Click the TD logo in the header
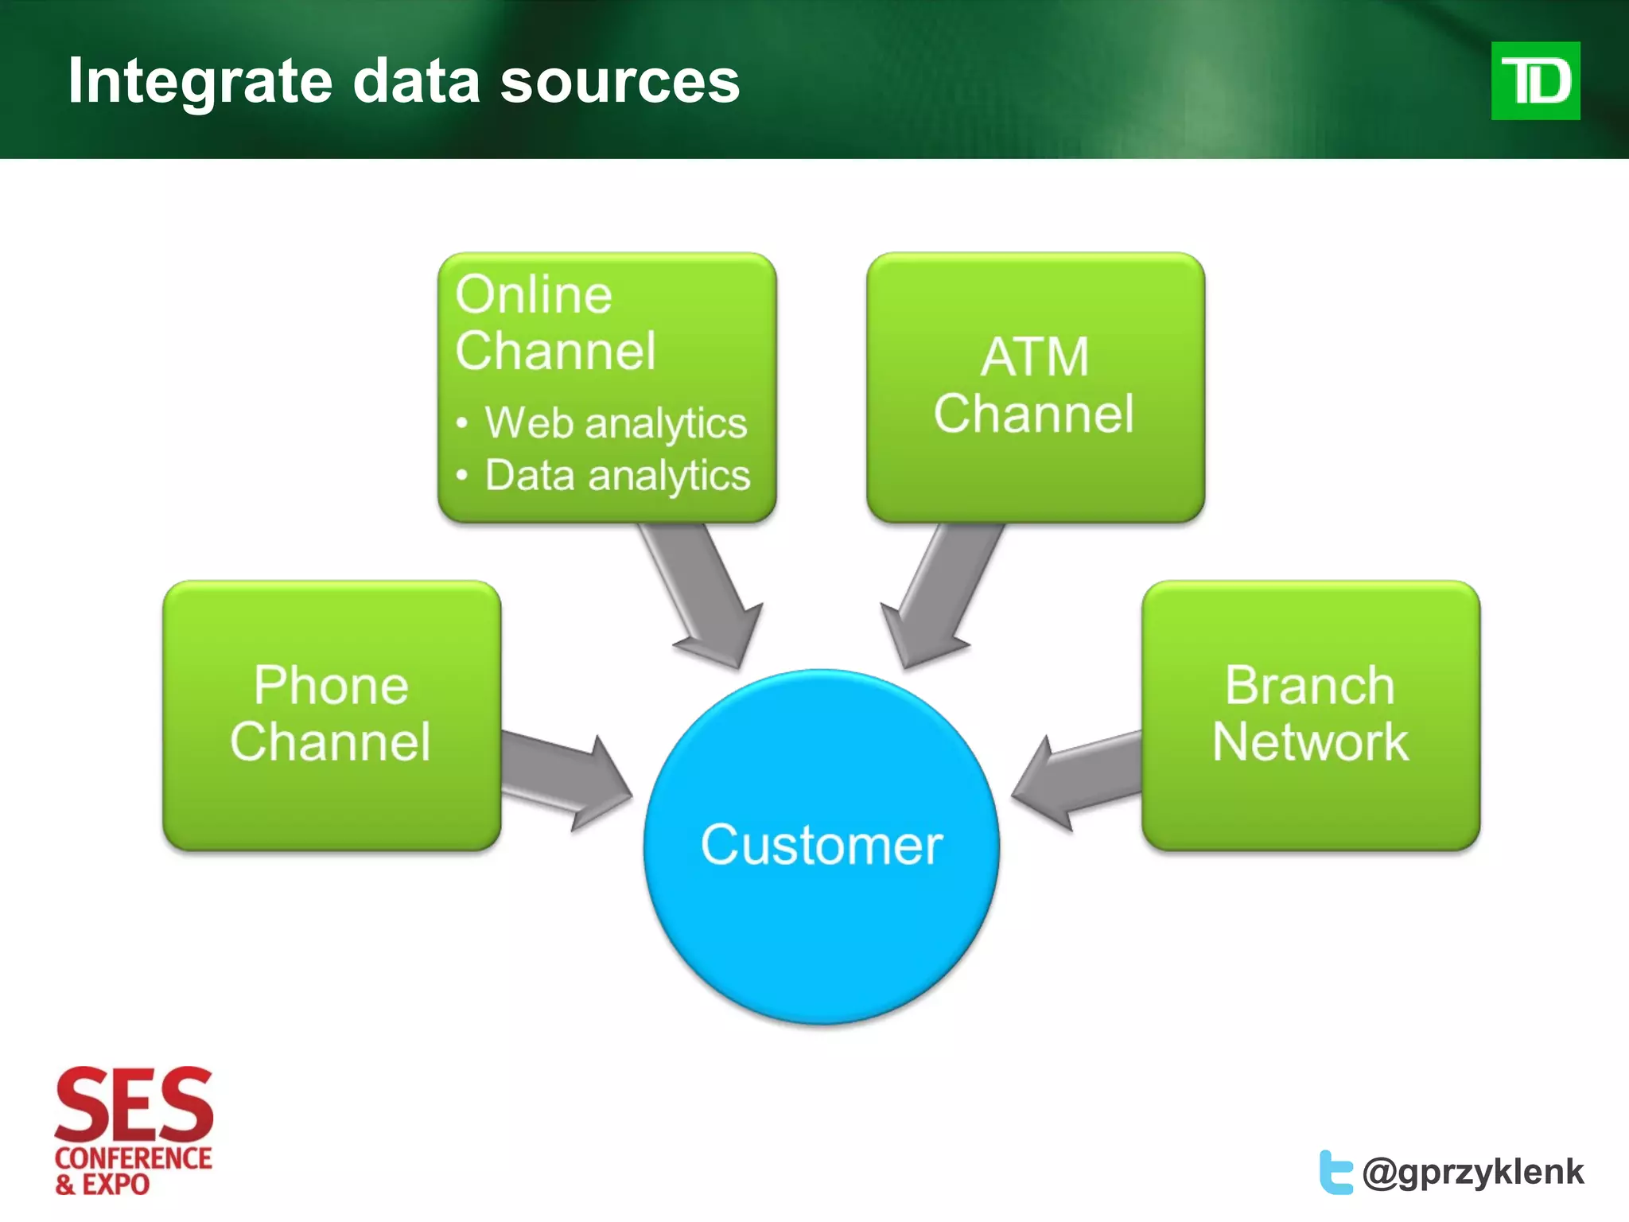point(1535,81)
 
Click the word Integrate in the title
point(200,81)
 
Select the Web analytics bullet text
point(616,422)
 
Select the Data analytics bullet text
point(617,476)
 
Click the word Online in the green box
point(534,294)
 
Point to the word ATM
point(1034,356)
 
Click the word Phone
point(331,685)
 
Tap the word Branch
point(1310,685)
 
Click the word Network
point(1310,741)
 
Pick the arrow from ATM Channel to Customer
point(939,597)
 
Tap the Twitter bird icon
point(1335,1172)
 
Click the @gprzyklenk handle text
point(1472,1172)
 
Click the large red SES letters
point(134,1104)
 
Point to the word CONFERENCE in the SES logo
point(134,1158)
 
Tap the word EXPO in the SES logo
point(116,1185)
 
